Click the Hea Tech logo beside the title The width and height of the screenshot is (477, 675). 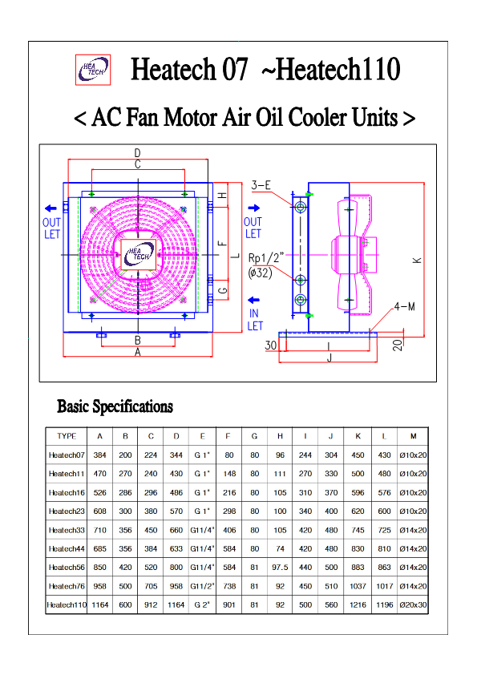coord(93,70)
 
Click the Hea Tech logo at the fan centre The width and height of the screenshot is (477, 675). coord(138,254)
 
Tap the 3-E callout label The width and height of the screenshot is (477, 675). coord(261,185)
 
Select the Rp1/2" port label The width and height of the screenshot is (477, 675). coord(266,258)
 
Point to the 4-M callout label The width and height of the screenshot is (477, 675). coord(405,306)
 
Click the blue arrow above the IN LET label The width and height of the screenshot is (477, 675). coord(254,300)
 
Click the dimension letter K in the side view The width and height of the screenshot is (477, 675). coord(417,260)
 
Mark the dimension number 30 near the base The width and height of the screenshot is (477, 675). coord(271,346)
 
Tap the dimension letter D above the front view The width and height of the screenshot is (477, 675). coord(137,153)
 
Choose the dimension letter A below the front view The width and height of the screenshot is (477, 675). coord(138,353)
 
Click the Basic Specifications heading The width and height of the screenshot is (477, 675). coord(115,406)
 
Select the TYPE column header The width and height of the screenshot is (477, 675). coord(67,436)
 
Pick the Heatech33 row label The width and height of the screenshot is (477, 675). coord(67,530)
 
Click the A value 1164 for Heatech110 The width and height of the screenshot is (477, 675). coord(100,604)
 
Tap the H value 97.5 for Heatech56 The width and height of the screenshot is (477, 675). coord(280,568)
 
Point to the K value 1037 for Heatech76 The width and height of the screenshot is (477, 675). coord(358,586)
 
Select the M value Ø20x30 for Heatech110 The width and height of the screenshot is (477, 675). coord(414,604)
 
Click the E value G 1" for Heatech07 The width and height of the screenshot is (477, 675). coord(202,455)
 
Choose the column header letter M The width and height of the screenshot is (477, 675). coord(414,436)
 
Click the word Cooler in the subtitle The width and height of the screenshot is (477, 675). coord(317,117)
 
